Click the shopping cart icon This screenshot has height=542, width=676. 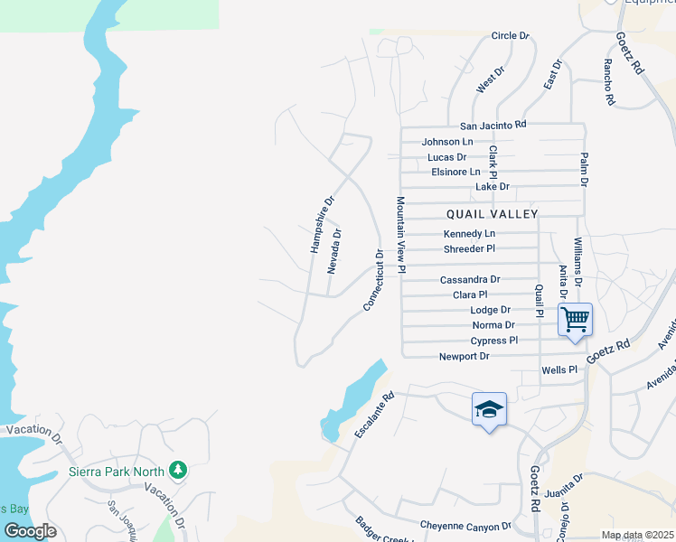575,320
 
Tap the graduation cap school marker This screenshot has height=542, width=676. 489,409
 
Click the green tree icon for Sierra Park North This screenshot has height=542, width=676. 179,470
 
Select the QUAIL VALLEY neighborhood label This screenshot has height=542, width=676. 492,214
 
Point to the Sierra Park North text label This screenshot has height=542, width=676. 117,472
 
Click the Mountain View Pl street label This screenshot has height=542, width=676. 400,235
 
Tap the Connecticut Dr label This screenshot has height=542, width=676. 374,281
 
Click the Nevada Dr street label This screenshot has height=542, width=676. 334,250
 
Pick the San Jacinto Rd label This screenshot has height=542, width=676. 493,125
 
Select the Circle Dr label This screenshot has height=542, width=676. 510,36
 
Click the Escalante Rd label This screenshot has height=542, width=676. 375,416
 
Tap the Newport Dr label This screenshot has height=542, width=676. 465,356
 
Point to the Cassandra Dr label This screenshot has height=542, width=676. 470,280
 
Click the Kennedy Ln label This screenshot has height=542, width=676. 470,234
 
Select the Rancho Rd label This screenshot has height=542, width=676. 609,83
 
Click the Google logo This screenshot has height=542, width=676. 31,531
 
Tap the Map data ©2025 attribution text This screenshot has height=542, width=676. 637,535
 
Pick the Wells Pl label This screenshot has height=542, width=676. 559,370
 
